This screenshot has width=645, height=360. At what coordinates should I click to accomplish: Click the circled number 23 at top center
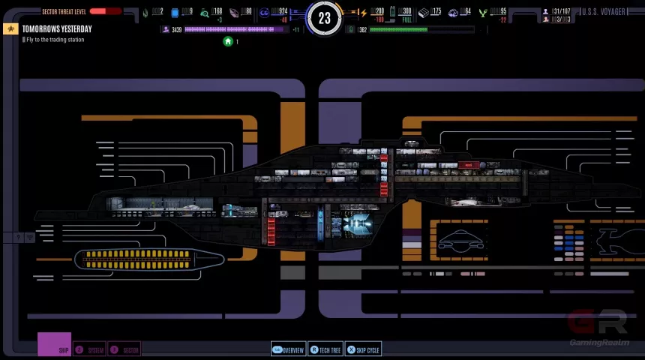(x=324, y=18)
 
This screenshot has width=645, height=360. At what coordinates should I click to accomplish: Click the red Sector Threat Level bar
(x=106, y=12)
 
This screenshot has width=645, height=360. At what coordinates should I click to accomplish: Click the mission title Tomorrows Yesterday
(x=57, y=28)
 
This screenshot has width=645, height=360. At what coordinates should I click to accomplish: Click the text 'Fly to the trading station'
(x=55, y=40)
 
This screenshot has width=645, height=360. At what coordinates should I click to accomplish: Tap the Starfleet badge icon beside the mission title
(x=10, y=28)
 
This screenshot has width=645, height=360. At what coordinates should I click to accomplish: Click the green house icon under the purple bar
(x=228, y=42)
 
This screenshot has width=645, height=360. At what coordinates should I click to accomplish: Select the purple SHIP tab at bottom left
(x=55, y=345)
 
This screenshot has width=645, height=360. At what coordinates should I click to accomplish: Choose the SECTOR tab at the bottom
(x=125, y=350)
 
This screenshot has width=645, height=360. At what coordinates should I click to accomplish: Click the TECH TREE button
(x=325, y=350)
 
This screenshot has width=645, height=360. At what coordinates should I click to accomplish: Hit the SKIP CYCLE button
(x=363, y=350)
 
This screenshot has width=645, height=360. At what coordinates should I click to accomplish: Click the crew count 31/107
(x=561, y=12)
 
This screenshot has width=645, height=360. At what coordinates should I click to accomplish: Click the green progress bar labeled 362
(x=398, y=30)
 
